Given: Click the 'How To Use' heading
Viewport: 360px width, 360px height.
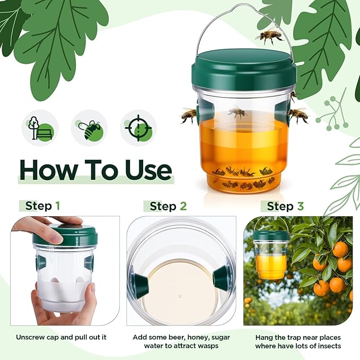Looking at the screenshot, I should [x=95, y=169].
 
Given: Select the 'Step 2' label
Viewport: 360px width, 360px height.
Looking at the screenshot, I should [x=168, y=206].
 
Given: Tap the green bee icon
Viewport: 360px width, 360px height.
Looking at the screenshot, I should [x=89, y=128].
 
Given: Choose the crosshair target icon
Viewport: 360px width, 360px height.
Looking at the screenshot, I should [x=138, y=128].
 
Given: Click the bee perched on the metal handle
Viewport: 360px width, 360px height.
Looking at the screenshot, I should [x=269, y=36].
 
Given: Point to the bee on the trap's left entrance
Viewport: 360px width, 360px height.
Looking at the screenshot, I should [x=188, y=115].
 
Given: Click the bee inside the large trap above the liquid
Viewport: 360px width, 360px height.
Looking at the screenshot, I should [x=238, y=112].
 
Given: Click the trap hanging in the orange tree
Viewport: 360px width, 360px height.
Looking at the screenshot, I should [x=270, y=255].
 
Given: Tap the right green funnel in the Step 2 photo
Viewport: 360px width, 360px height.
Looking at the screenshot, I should [x=222, y=275].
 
